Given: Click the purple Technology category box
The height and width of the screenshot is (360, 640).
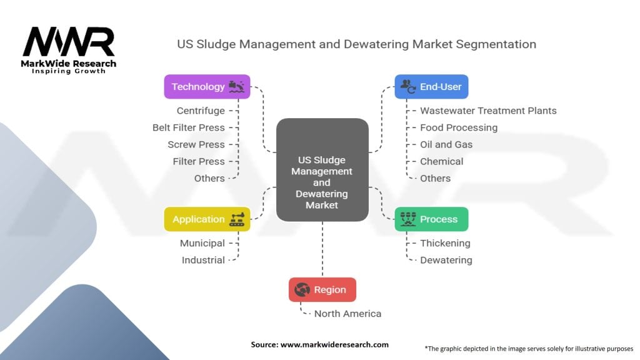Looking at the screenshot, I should tap(207, 87).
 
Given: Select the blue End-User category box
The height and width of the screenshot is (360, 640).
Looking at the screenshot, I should tap(431, 87).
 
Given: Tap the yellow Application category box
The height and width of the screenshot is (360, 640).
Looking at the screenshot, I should tap(207, 219).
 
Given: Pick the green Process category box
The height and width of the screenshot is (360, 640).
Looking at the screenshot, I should tap(431, 219).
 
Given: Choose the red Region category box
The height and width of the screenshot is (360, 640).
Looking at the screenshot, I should tap(322, 289).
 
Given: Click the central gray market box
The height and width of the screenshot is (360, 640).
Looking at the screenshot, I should tap(322, 170).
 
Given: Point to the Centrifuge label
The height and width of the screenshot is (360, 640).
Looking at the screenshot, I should tap(200, 111).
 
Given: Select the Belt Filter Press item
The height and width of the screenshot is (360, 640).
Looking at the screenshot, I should tap(188, 127).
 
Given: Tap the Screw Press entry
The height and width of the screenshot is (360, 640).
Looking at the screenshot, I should tap(196, 144).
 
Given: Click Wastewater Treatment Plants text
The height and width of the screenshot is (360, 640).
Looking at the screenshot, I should tap(488, 111).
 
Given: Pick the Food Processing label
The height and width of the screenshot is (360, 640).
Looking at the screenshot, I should tap(459, 127).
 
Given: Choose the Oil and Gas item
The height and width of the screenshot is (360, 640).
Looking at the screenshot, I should tap(446, 144).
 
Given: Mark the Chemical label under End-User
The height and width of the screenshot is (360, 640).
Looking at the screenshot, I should tap(441, 161).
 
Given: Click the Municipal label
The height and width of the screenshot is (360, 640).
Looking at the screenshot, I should tap(202, 243).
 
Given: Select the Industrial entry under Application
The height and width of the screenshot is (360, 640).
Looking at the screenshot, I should tap(203, 260).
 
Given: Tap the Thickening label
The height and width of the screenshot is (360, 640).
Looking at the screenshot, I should tap(445, 243).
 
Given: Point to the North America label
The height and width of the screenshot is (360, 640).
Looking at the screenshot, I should tap(347, 314).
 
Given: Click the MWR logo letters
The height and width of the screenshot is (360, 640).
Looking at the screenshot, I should tap(69, 42).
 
